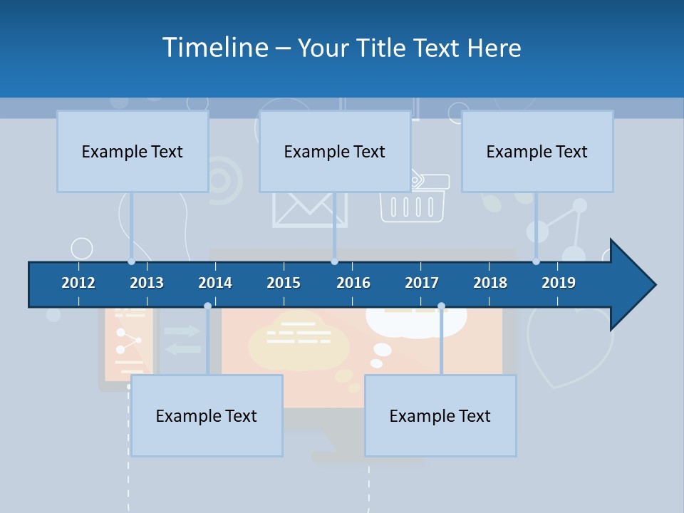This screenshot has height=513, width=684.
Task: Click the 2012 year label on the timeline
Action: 78,283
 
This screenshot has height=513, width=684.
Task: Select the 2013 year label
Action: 147,283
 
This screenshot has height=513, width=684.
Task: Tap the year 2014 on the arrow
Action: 215,283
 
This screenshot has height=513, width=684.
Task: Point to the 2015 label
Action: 284,283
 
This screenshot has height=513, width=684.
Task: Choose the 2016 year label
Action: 353,283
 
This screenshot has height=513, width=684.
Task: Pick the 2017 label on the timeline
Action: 422,283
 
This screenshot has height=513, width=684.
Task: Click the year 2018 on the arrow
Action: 490,283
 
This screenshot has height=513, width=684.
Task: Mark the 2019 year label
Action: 559,283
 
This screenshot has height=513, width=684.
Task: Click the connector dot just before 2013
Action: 131,261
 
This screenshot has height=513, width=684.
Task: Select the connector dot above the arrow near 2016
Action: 334,261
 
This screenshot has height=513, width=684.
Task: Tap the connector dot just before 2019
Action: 537,261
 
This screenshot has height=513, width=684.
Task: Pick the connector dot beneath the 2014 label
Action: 207,306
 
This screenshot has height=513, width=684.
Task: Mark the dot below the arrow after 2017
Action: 441,306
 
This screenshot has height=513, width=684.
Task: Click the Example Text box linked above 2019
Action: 537,151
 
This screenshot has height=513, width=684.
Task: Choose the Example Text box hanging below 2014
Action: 207,415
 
